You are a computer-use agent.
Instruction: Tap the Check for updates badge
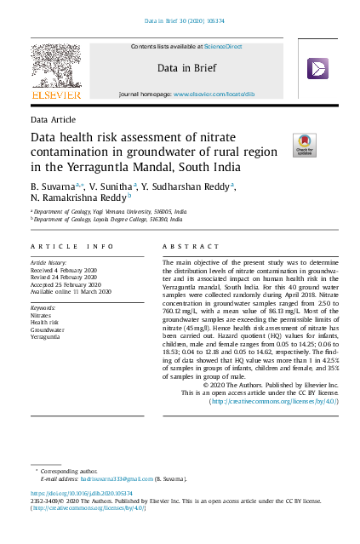[x=304, y=145]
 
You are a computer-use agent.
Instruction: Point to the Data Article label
[x=53, y=120]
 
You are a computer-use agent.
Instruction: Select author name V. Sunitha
[x=110, y=186]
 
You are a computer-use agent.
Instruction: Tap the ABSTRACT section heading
[x=184, y=246]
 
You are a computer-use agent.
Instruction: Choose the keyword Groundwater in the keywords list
[x=49, y=329]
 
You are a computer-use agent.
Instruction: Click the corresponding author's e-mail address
[x=127, y=480]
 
